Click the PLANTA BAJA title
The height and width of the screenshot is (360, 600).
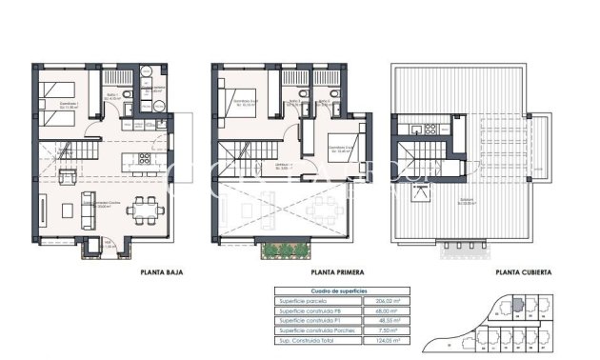pyautogui.click(x=161, y=272)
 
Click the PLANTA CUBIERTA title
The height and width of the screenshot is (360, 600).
pyautogui.click(x=520, y=272)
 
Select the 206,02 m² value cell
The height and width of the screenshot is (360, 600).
pyautogui.click(x=387, y=301)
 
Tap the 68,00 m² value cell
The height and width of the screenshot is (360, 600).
pyautogui.click(x=387, y=310)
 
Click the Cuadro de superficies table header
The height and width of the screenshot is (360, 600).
pyautogui.click(x=339, y=290)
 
